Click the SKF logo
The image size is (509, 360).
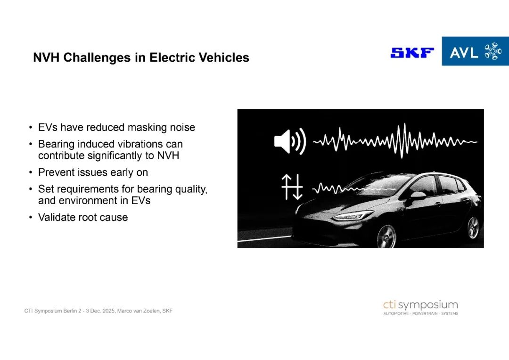tap(412, 53)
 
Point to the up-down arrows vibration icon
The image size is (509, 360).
tap(292, 187)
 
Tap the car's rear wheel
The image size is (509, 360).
tap(473, 228)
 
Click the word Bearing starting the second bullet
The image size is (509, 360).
tap(57, 144)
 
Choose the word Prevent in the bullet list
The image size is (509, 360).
tap(56, 172)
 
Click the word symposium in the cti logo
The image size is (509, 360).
tap(428, 305)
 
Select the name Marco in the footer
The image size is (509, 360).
tap(124, 311)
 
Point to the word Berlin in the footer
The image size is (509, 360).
tap(70, 311)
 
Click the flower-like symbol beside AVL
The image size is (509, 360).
tap(493, 51)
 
